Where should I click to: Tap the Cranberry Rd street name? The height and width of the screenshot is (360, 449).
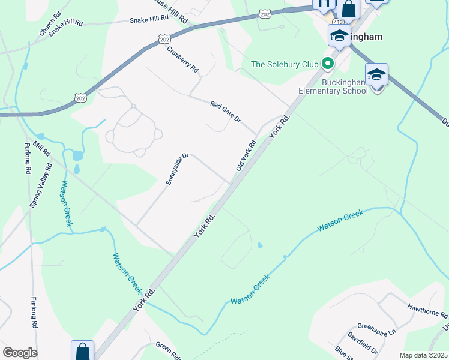coord(182,60)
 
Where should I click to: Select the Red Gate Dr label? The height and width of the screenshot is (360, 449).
coord(225,112)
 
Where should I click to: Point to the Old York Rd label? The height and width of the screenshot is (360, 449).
coord(246,155)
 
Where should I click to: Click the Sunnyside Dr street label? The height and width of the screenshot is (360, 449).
coord(178,169)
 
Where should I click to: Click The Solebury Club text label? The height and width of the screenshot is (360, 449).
coord(285,64)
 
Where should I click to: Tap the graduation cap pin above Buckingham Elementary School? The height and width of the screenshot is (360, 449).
coord(376,75)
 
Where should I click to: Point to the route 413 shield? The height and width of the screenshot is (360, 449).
coord(331,20)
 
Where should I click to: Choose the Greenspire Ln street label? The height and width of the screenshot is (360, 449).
coord(377,329)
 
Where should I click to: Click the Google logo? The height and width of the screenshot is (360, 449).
coord(20,353)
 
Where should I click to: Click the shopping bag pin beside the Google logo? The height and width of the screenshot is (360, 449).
coord(82,352)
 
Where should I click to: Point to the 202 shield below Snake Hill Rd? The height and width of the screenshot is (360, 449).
coord(165,39)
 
